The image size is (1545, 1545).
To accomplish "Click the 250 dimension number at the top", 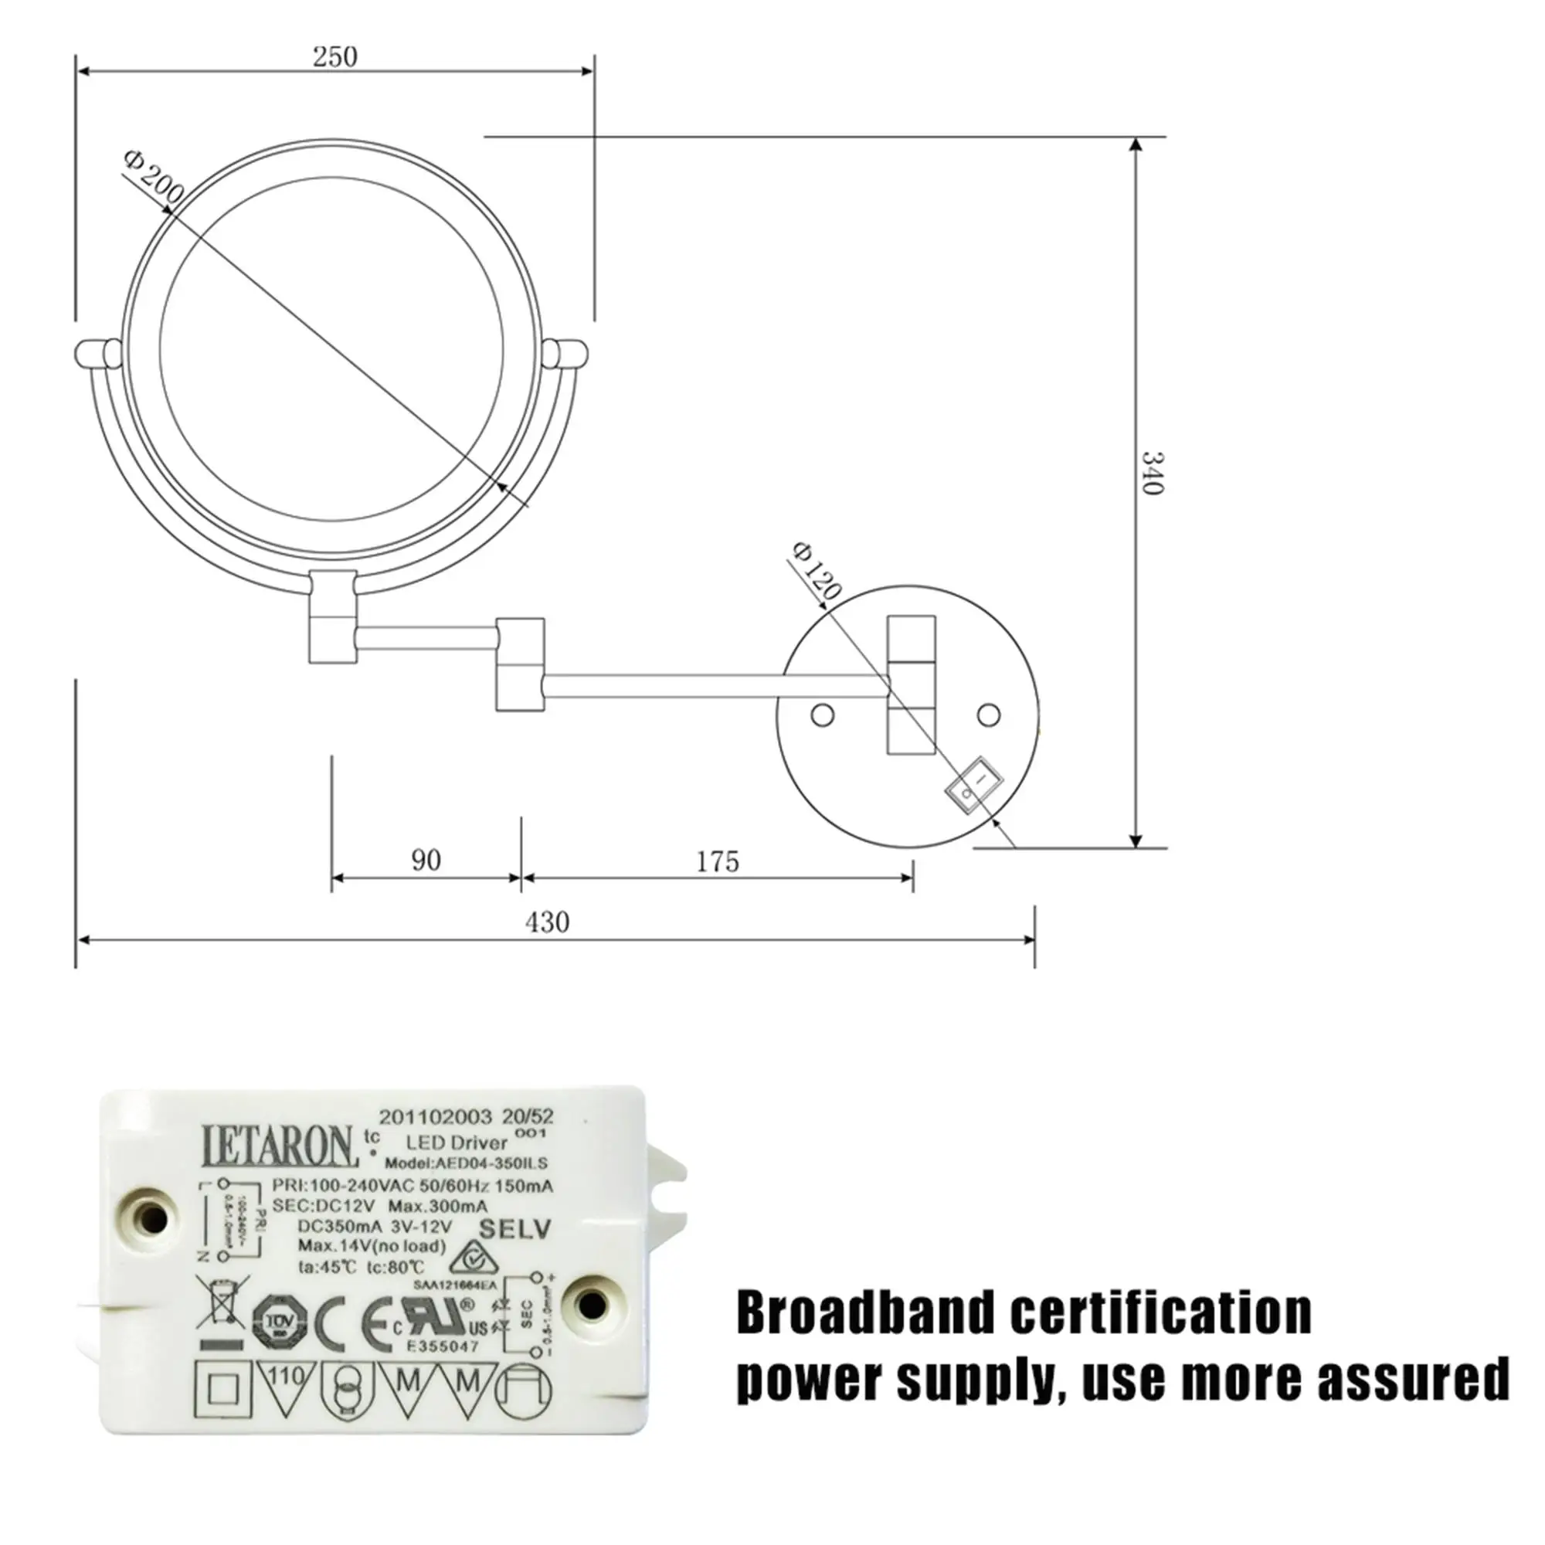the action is click(334, 56).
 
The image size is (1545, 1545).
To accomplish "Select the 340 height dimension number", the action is click(1151, 473).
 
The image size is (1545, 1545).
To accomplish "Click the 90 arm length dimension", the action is click(426, 860).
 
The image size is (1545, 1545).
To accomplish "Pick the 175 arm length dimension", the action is click(718, 861).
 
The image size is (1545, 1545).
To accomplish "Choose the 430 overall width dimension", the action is click(547, 922).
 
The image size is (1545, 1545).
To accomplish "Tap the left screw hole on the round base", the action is click(822, 714).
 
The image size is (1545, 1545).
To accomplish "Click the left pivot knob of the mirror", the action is click(97, 354).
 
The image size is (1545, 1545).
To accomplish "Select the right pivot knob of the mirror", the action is click(565, 354).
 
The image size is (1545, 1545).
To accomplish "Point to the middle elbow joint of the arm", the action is click(520, 663).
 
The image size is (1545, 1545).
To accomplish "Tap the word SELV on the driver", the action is click(514, 1228).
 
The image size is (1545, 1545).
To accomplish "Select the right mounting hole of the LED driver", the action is click(592, 1305).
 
